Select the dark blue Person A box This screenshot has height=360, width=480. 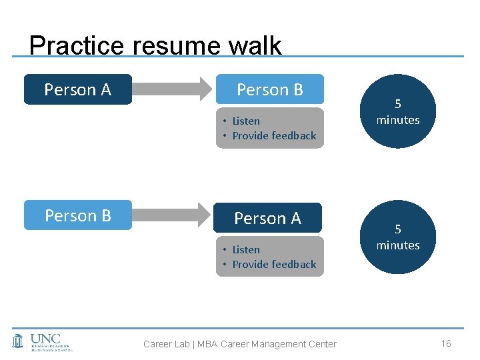[x=77, y=90]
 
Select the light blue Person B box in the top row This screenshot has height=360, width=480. [x=269, y=89]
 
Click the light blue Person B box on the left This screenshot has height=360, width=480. [x=77, y=216]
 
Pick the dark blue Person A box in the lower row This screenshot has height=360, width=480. [x=268, y=218]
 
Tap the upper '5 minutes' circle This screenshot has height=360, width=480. [x=398, y=111]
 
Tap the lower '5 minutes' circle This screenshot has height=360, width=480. [x=398, y=237]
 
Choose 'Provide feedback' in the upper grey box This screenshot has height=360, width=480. [x=274, y=135]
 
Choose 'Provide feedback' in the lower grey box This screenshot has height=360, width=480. [x=274, y=264]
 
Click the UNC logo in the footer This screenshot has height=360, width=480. [x=43, y=341]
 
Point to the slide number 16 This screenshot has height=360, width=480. [x=446, y=343]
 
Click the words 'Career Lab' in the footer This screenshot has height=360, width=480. [x=167, y=344]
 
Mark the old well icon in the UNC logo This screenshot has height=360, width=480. [x=19, y=341]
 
